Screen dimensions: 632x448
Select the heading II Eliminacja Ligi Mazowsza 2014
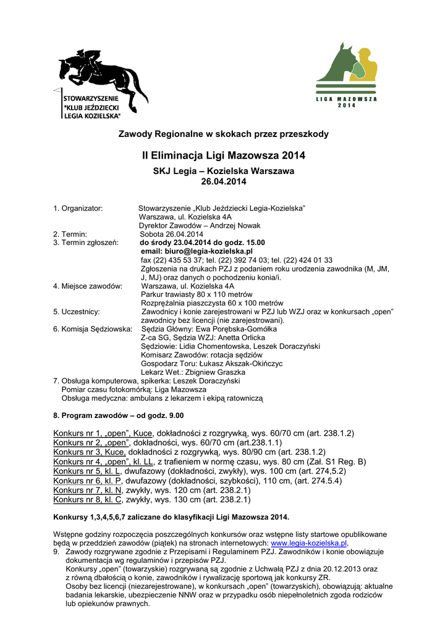224,156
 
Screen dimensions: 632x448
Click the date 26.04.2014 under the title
224,181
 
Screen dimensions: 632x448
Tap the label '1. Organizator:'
78,209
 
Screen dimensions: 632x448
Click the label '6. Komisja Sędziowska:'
93,330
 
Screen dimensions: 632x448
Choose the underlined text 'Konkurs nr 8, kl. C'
87,499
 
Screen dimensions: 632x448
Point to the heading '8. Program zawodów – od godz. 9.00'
119,415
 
